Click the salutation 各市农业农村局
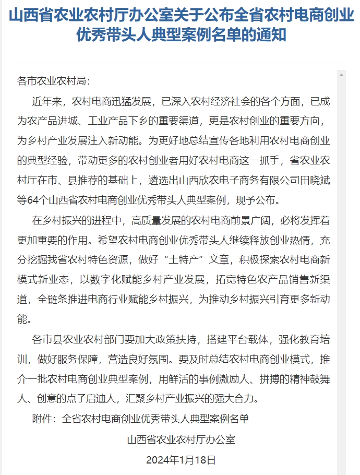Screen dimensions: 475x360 (x=54, y=81)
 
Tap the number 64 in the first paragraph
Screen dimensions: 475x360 (x=39, y=199)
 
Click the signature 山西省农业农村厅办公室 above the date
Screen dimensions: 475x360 (x=181, y=440)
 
